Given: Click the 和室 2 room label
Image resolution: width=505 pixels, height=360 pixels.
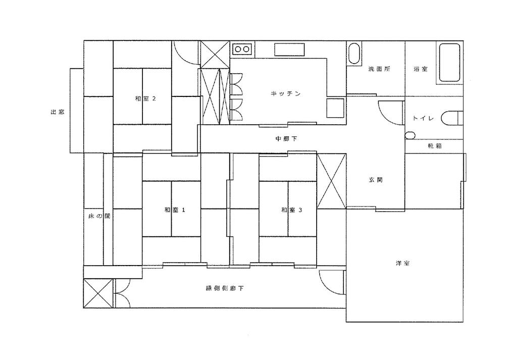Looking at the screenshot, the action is pyautogui.click(x=145, y=98).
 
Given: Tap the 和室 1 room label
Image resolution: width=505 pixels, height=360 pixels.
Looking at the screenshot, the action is pyautogui.click(x=175, y=210).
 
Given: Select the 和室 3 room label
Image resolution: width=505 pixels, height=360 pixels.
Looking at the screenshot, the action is pyautogui.click(x=291, y=210).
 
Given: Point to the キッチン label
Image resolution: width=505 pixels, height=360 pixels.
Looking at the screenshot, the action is pyautogui.click(x=286, y=94).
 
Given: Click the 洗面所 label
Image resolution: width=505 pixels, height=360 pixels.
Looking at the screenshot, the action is pyautogui.click(x=379, y=69).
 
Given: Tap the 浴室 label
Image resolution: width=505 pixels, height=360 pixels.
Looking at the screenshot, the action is pyautogui.click(x=421, y=69).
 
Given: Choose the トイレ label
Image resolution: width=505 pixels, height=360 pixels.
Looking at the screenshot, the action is pyautogui.click(x=423, y=118).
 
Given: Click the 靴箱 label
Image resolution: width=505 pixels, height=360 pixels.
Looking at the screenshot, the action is pyautogui.click(x=434, y=145).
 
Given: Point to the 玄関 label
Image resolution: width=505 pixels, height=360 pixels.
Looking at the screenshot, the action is pyautogui.click(x=376, y=180).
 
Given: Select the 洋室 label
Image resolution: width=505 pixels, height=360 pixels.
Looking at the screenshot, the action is pyautogui.click(x=402, y=263).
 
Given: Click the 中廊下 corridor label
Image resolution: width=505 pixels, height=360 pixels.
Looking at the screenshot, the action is pyautogui.click(x=286, y=139).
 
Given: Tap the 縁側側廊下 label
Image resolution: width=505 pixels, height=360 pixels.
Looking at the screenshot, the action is pyautogui.click(x=225, y=288).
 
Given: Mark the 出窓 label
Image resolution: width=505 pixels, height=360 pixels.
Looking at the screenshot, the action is pyautogui.click(x=58, y=112).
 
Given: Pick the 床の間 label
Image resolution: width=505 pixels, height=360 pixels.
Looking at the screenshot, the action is pyautogui.click(x=99, y=216).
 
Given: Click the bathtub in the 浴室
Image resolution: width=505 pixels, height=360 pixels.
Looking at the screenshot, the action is pyautogui.click(x=449, y=63).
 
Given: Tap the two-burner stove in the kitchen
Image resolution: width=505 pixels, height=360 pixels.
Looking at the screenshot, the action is pyautogui.click(x=242, y=49).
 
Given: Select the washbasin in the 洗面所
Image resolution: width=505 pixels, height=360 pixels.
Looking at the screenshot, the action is pyautogui.click(x=354, y=53).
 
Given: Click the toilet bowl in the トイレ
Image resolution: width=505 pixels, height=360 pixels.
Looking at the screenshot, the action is pyautogui.click(x=452, y=118).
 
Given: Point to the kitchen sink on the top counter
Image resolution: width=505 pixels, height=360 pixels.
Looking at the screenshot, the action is pyautogui.click(x=289, y=49).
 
